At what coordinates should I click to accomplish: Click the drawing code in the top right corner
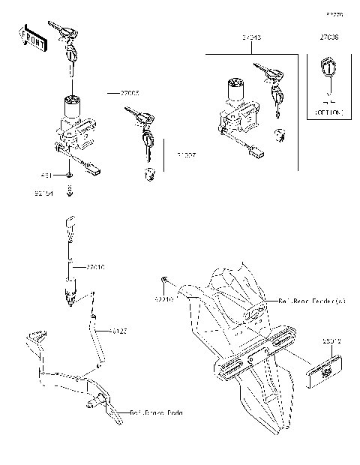(334, 14)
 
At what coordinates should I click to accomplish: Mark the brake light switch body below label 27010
(72, 289)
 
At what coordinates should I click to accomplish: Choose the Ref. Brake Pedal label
(155, 412)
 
